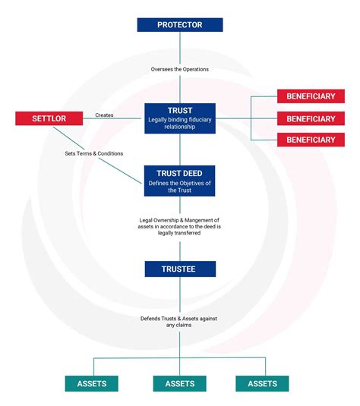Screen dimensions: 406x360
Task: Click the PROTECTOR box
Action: coord(180,25)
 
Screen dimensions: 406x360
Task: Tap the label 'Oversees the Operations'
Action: coord(180,69)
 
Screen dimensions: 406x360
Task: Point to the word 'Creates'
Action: coord(105,115)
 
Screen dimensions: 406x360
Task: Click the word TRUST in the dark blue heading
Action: coord(180,110)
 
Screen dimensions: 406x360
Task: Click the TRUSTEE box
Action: coord(180,268)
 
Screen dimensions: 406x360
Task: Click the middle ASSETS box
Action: coord(180,383)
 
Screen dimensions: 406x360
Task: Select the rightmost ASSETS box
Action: coord(262,383)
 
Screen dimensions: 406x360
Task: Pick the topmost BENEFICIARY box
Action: coord(311,97)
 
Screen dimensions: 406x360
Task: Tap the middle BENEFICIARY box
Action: coord(311,118)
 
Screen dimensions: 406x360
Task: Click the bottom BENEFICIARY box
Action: coord(311,140)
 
